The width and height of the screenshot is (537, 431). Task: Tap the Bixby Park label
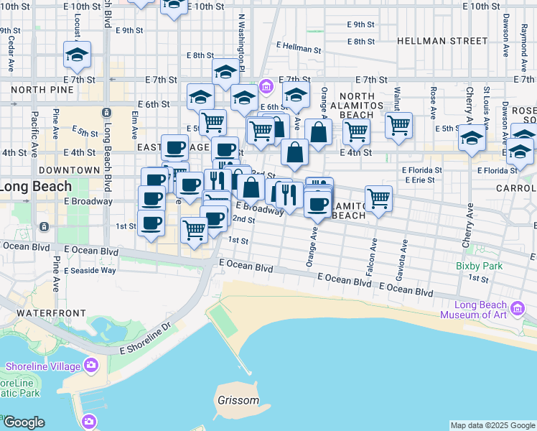pyautogui.click(x=479, y=266)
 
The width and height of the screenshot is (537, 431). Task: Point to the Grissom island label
pyautogui.click(x=237, y=400)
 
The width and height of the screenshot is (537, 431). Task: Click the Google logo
pyautogui.click(x=24, y=422)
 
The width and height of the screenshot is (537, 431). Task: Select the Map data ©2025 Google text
pyautogui.click(x=492, y=425)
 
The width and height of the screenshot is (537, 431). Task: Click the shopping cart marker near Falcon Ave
pyautogui.click(x=378, y=198)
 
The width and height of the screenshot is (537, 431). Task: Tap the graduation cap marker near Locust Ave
pyautogui.click(x=77, y=53)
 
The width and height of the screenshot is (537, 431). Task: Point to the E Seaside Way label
pyautogui.click(x=90, y=271)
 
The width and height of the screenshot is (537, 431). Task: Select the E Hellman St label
pyautogui.click(x=299, y=47)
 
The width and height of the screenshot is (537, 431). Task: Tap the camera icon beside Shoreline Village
pyautogui.click(x=91, y=366)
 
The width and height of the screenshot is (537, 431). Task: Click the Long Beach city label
pyautogui.click(x=36, y=187)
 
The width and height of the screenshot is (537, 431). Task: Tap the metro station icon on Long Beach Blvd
pyautogui.click(x=106, y=113)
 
